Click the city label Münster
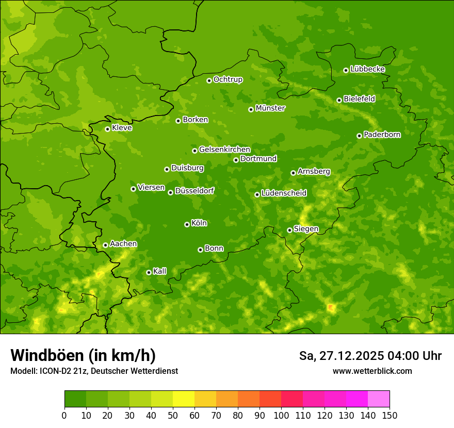pyautogui.click(x=270, y=108)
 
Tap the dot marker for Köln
pyautogui.click(x=187, y=224)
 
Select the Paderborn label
pyautogui.click(x=382, y=135)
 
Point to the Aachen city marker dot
pyautogui.click(x=105, y=245)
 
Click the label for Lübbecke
pyautogui.click(x=367, y=69)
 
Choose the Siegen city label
pyautogui.click(x=306, y=229)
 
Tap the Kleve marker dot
pyautogui.click(x=107, y=129)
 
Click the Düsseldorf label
pyautogui.click(x=194, y=191)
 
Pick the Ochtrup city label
pyautogui.click(x=228, y=79)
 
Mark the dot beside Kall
pyautogui.click(x=149, y=272)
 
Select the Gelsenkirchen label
pyautogui.click(x=224, y=150)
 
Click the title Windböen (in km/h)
pyautogui.click(x=83, y=355)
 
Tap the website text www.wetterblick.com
pyautogui.click(x=372, y=371)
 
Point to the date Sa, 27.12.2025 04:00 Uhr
pyautogui.click(x=370, y=356)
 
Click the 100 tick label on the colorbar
pyautogui.click(x=281, y=415)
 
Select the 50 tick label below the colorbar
pyautogui.click(x=173, y=415)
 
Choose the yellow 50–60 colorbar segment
pyautogui.click(x=184, y=399)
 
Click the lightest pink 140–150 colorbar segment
pyautogui.click(x=379, y=399)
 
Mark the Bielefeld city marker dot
pyautogui.click(x=339, y=100)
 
